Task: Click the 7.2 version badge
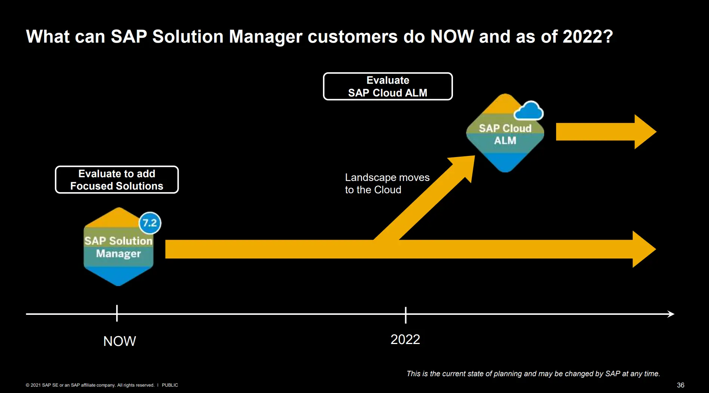(x=150, y=223)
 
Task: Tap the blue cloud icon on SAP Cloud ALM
(x=528, y=111)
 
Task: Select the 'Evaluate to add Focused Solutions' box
(x=117, y=180)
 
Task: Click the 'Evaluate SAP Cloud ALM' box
(x=388, y=86)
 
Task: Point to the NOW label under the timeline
(x=120, y=341)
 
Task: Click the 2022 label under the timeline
(x=405, y=340)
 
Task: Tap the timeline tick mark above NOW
(x=117, y=313)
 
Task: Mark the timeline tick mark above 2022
(x=406, y=315)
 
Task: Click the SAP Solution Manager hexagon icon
(x=119, y=247)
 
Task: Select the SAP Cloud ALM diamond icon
(x=505, y=133)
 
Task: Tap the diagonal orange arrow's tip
(x=475, y=156)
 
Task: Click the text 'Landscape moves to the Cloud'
(x=387, y=184)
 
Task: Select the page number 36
(x=681, y=385)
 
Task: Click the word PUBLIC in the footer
(x=170, y=385)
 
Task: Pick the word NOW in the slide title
(x=452, y=37)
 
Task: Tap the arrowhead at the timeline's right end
(x=671, y=314)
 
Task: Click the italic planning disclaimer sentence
(x=533, y=374)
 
